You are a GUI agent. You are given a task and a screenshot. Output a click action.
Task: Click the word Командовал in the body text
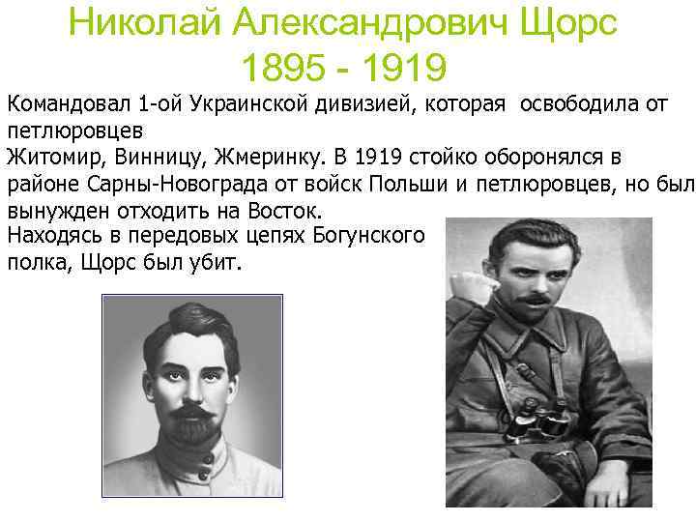(x=67, y=103)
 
